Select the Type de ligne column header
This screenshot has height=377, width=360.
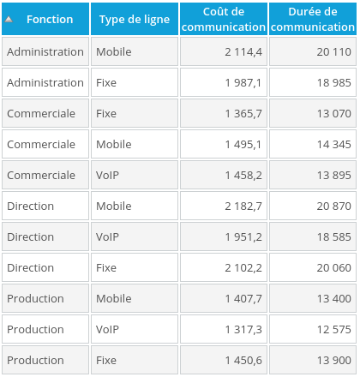(x=135, y=19)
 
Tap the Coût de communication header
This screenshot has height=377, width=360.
(x=224, y=19)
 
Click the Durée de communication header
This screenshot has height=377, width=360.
(x=313, y=19)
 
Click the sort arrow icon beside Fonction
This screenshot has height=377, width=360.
(x=9, y=19)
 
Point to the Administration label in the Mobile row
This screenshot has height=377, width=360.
(x=45, y=51)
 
